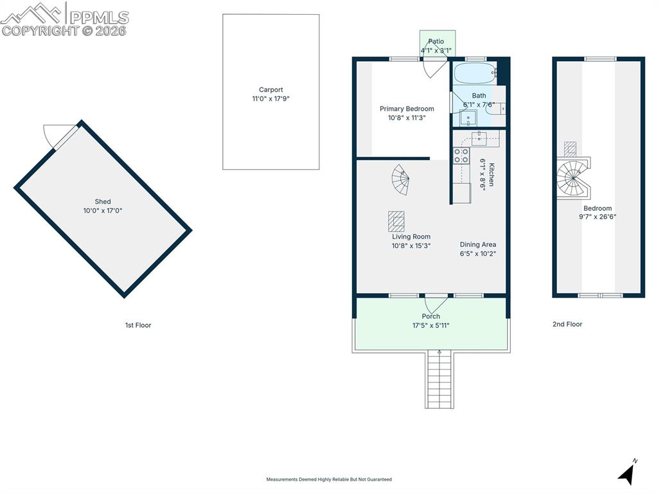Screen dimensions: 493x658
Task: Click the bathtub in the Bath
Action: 474,73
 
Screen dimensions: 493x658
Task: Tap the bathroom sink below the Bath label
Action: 468,118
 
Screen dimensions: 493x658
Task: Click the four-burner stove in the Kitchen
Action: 461,155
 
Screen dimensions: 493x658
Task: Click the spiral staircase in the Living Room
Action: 400,180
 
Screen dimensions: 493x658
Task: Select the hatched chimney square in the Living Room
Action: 396,220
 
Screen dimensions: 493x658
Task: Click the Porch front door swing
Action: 436,304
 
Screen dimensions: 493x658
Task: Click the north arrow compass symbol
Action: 627,473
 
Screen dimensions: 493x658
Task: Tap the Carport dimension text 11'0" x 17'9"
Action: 271,99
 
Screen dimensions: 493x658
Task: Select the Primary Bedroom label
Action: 406,109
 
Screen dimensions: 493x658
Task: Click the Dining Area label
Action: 477,244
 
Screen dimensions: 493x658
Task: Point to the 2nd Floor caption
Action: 567,325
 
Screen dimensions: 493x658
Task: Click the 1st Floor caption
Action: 138,325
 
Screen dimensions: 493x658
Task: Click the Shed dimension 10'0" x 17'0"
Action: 102,211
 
